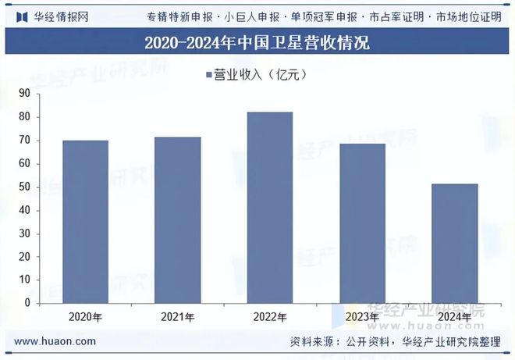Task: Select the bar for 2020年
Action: coord(85,222)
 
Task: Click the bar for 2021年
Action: coord(178,220)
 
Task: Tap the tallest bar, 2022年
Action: coord(270,208)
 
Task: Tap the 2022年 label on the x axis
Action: coord(270,317)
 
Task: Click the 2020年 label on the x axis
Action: coord(85,317)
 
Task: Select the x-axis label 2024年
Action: coord(455,317)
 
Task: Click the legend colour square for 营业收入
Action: coord(208,75)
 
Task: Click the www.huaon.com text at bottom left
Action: coord(55,341)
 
